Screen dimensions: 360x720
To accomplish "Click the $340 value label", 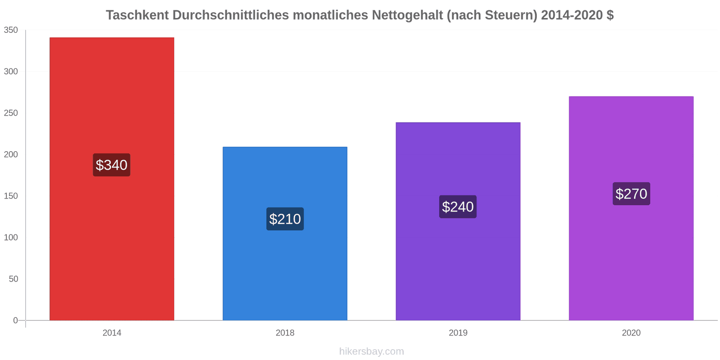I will point(112,165).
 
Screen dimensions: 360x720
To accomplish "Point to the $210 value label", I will point(285,219).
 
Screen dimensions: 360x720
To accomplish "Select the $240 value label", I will point(458,207).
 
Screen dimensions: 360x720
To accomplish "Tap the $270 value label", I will point(631,194).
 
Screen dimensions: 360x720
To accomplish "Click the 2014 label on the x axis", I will point(112,333).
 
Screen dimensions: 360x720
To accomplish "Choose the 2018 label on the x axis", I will point(285,333).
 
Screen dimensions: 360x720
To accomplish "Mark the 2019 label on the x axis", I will point(458,333).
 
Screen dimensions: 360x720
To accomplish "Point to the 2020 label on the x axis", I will point(631,333).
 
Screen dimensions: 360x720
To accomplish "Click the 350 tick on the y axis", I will point(11,30).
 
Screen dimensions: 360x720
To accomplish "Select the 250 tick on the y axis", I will point(11,113).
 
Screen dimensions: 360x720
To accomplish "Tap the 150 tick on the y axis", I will point(11,196).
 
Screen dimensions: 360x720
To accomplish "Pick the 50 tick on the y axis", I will point(13,279).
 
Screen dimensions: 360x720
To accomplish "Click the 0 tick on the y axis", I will point(15,320).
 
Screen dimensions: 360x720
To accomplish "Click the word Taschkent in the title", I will point(137,15).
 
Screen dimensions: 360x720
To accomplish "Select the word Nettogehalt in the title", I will point(407,15).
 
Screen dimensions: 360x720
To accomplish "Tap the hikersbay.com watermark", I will point(371,351).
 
